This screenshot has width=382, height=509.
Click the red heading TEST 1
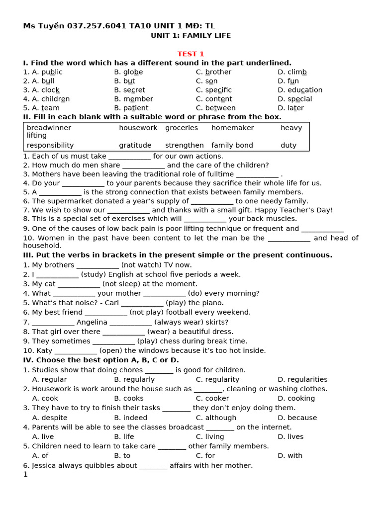pyautogui.click(x=191, y=54)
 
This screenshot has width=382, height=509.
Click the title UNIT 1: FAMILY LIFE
pyautogui.click(x=191, y=36)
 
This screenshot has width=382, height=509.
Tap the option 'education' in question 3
pyautogui.click(x=305, y=90)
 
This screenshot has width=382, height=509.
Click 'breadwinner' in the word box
pyautogui.click(x=49, y=128)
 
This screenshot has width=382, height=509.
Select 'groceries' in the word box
pyautogui.click(x=182, y=128)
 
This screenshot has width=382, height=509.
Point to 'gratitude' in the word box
pyautogui.click(x=135, y=145)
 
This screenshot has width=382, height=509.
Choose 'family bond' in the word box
pyautogui.click(x=232, y=145)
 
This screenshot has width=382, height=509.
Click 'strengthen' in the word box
pyautogui.click(x=185, y=145)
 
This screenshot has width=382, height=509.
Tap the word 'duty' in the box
pyautogui.click(x=288, y=145)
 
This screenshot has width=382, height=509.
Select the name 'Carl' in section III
pyautogui.click(x=112, y=303)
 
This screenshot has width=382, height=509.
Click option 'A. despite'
pyautogui.click(x=50, y=418)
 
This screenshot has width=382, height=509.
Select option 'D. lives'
pyautogui.click(x=290, y=436)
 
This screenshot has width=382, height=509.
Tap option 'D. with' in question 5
pyautogui.click(x=290, y=455)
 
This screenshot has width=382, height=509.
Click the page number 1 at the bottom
pyautogui.click(x=25, y=474)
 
